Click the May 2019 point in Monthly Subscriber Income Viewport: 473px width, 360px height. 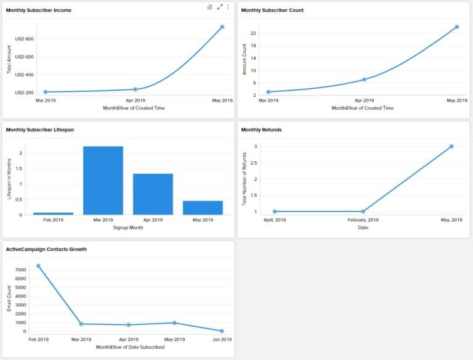tap(222, 27)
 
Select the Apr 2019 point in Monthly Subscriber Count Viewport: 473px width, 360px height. tap(364, 80)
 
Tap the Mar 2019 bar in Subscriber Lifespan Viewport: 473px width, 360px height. tap(103, 181)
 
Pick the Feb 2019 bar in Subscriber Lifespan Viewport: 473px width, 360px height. tap(53, 213)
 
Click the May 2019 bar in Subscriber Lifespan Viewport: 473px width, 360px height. tap(203, 208)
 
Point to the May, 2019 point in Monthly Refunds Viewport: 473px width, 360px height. tap(451, 146)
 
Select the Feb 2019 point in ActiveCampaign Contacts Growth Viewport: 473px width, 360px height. tap(38, 266)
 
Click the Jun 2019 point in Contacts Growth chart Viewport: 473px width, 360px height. tap(222, 331)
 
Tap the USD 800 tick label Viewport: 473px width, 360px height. tap(24, 39)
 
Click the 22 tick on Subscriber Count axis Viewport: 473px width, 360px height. tap(253, 33)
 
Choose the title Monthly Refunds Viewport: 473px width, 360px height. tap(261, 130)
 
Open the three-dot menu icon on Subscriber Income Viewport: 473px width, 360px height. tap(228, 7)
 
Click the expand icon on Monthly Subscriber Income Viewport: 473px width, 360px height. tap(219, 7)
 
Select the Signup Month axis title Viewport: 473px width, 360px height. tap(128, 228)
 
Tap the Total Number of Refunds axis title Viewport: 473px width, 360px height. tap(245, 179)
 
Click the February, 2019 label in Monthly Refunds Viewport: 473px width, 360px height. tap(363, 219)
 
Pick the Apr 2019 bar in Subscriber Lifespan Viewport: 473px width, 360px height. tap(153, 194)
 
